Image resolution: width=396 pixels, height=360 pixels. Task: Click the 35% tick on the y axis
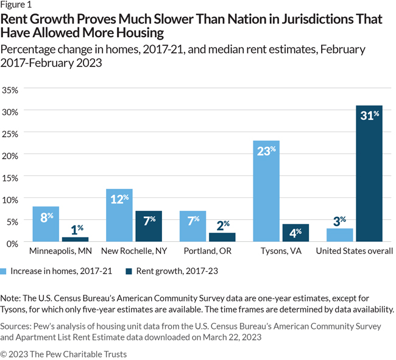point(12,90)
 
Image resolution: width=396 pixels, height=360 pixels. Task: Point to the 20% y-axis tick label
point(12,155)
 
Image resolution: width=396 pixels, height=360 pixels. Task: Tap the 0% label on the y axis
point(14,243)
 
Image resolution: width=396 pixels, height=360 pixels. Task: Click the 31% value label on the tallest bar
point(369,116)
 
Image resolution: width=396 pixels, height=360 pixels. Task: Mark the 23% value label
point(266,150)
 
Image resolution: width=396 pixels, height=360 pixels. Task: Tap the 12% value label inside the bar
point(119,199)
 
